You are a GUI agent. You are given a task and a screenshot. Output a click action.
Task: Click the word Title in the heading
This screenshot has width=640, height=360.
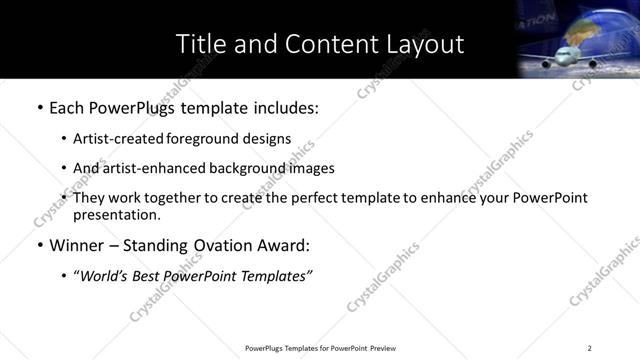coord(200,44)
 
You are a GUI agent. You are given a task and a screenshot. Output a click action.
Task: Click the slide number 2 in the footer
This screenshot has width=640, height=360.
coord(590,347)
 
